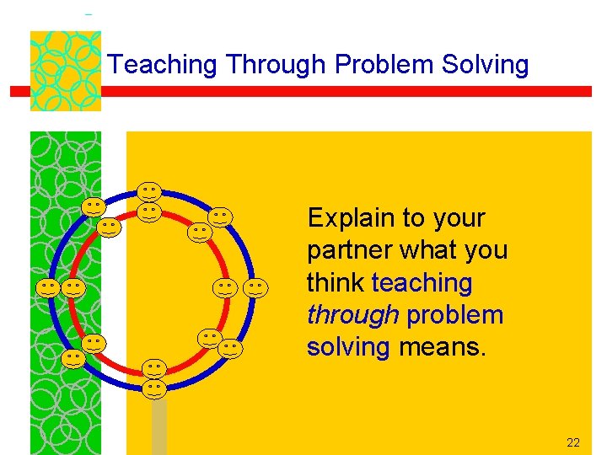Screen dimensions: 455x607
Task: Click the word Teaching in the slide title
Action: click(164, 65)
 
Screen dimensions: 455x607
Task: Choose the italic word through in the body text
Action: click(352, 314)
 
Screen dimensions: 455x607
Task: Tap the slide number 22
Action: click(573, 442)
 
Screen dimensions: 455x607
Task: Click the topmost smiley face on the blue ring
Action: click(150, 192)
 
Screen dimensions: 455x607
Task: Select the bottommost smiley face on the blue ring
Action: click(153, 388)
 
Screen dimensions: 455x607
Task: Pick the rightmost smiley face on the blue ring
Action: click(256, 288)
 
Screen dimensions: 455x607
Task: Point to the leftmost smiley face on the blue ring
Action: click(48, 288)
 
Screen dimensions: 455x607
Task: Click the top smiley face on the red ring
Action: click(150, 211)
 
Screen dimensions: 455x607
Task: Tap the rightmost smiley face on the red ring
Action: click(224, 288)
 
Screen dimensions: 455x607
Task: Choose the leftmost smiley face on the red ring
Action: click(74, 288)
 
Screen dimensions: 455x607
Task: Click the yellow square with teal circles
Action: click(65, 71)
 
